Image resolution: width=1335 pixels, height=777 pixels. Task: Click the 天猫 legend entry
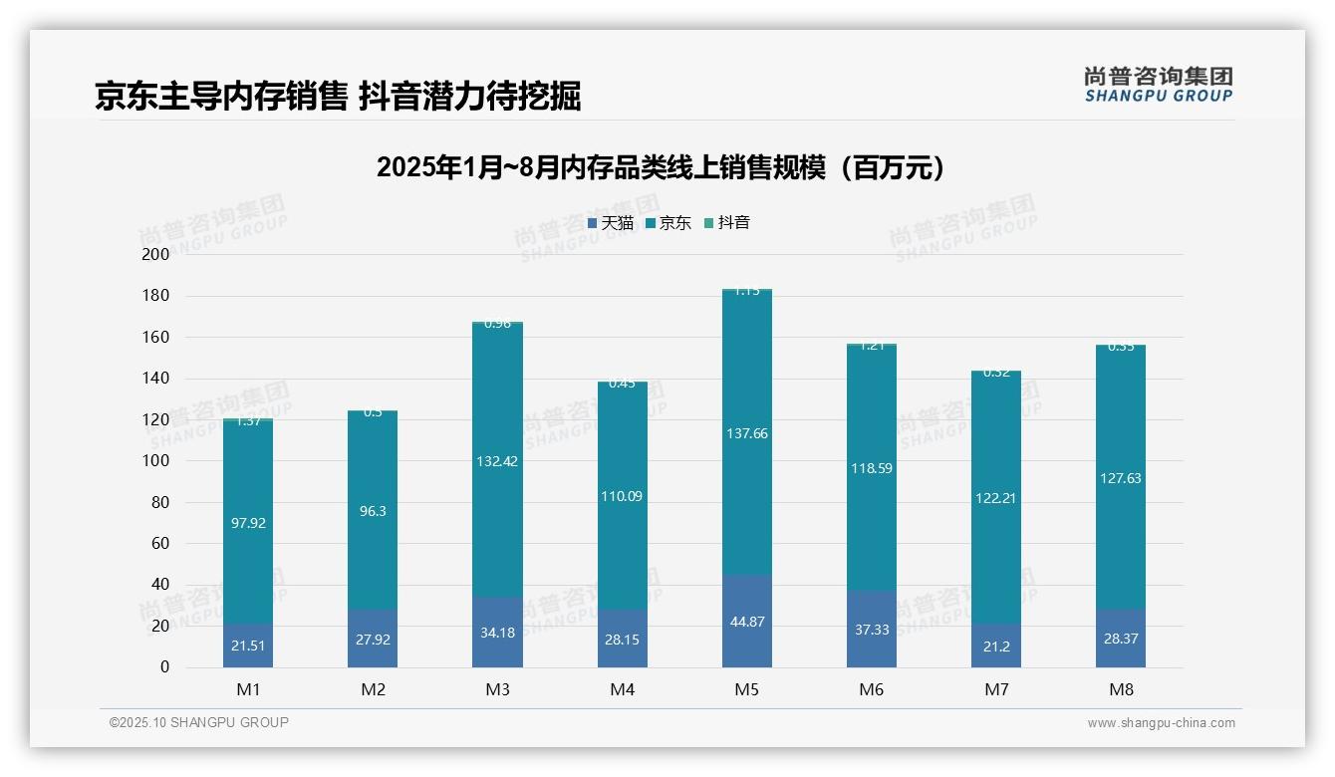[611, 223]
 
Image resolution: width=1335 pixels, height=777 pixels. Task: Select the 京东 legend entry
[668, 223]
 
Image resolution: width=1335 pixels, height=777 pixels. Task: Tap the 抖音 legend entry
[727, 223]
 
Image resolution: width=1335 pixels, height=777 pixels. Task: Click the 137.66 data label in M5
[747, 433]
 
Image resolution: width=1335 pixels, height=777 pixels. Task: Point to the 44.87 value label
[747, 622]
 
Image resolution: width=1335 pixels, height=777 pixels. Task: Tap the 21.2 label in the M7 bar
[996, 647]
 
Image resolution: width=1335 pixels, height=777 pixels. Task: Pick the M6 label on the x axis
[872, 689]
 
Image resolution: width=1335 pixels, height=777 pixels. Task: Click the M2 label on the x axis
[373, 689]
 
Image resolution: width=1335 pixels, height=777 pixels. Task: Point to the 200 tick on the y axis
[156, 254]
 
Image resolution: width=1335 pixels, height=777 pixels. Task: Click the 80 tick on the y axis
[160, 502]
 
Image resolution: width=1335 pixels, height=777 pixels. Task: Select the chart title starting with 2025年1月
[661, 167]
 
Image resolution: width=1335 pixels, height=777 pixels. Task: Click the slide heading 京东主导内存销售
[221, 97]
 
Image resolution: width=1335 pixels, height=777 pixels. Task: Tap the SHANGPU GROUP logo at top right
[1159, 85]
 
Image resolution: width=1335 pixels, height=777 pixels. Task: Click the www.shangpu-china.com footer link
[1161, 723]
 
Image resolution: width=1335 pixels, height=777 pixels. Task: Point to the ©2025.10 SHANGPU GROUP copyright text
[199, 722]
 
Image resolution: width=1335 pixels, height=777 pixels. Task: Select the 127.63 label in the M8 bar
[1121, 478]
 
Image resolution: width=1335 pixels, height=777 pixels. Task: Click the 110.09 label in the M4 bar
[622, 495]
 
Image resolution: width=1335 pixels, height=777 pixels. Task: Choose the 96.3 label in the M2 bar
[373, 509]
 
